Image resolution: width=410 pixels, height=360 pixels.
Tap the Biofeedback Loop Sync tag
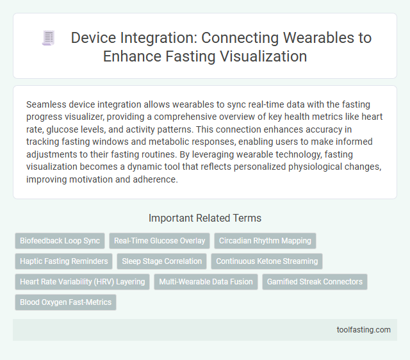click(x=60, y=241)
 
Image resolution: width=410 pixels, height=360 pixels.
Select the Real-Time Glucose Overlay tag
click(x=160, y=241)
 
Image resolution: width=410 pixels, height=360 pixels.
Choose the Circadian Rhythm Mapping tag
click(x=265, y=241)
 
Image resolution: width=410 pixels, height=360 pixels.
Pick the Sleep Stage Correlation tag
click(x=161, y=261)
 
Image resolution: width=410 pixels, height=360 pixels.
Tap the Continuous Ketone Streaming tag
click(x=266, y=261)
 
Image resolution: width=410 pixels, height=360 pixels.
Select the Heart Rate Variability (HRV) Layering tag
click(x=82, y=282)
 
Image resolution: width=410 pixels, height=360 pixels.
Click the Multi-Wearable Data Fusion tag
click(x=206, y=282)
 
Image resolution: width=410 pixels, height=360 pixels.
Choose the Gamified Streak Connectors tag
click(x=315, y=282)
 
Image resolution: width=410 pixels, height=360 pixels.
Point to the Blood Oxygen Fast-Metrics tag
click(x=65, y=302)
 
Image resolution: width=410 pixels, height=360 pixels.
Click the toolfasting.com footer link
click(x=363, y=330)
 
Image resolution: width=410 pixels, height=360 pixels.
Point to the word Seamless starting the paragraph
click(x=45, y=104)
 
